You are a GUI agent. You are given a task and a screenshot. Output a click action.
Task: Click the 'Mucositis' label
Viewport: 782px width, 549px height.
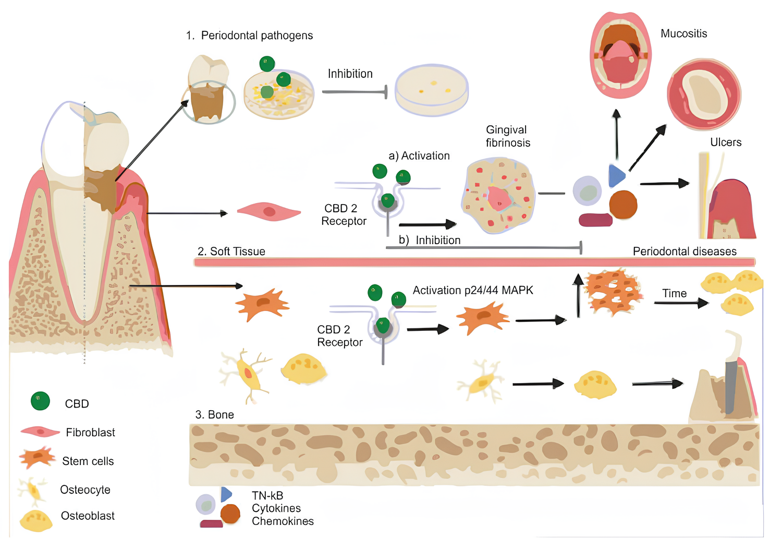pyautogui.click(x=683, y=34)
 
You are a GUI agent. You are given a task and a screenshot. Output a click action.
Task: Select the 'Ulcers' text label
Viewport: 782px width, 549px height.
pyautogui.click(x=725, y=142)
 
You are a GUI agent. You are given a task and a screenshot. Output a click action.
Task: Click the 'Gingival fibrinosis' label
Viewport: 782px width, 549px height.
pyautogui.click(x=508, y=136)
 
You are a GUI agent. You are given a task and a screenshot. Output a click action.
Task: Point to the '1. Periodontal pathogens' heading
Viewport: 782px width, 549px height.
pyautogui.click(x=249, y=35)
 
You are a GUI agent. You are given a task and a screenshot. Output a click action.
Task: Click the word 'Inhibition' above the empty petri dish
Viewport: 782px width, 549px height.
pyautogui.click(x=350, y=74)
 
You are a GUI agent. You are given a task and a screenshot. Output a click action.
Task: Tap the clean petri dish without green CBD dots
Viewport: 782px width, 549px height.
pyautogui.click(x=431, y=90)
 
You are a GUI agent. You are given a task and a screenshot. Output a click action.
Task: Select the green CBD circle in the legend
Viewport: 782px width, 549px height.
pyautogui.click(x=40, y=401)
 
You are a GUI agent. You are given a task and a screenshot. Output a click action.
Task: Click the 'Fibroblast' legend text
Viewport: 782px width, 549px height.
pyautogui.click(x=90, y=433)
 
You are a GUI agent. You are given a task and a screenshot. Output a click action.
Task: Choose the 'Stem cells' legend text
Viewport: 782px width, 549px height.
pyautogui.click(x=88, y=461)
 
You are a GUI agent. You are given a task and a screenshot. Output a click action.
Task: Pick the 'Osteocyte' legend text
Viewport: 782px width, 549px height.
pyautogui.click(x=85, y=490)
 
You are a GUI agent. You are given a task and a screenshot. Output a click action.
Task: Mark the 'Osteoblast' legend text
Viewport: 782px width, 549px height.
pyautogui.click(x=88, y=516)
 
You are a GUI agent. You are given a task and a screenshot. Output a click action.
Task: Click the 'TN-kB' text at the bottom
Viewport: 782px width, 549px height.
pyautogui.click(x=267, y=496)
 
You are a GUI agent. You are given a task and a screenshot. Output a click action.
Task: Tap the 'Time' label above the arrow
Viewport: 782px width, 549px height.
pyautogui.click(x=674, y=294)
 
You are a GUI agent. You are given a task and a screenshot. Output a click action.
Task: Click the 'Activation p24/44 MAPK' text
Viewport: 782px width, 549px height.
pyautogui.click(x=473, y=291)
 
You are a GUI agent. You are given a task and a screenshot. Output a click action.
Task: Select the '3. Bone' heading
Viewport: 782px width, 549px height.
pyautogui.click(x=214, y=415)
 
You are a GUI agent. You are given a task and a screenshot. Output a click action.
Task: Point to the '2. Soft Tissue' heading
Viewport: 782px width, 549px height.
pyautogui.click(x=231, y=252)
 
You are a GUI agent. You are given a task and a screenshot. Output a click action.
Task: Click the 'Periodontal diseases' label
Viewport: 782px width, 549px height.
pyautogui.click(x=684, y=252)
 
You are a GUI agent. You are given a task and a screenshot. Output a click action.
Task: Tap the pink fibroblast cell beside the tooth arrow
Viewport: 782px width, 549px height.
pyautogui.click(x=268, y=212)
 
